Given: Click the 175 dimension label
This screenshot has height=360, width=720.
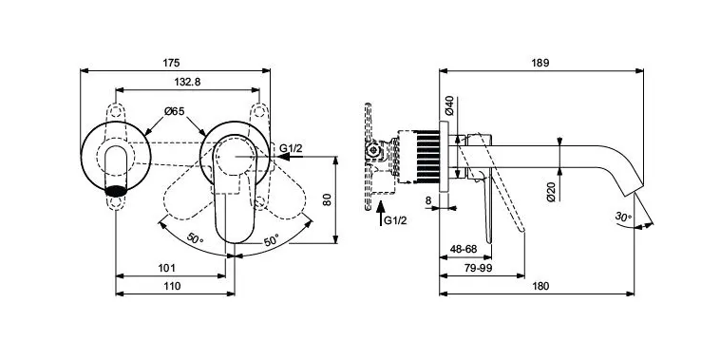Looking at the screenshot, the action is tap(172, 63).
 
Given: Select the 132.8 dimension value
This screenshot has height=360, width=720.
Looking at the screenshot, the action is tap(187, 82).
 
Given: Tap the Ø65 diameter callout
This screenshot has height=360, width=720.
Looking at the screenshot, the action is tap(175, 111).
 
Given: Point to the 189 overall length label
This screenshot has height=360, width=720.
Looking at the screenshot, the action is tap(540, 63).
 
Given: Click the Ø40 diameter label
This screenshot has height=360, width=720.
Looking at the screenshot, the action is tap(449, 105).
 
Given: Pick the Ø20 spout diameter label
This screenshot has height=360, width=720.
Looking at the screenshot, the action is tap(552, 192).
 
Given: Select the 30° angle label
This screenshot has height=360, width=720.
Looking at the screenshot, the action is tap(623, 217).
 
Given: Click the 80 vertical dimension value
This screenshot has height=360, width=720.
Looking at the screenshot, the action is tap(327, 199).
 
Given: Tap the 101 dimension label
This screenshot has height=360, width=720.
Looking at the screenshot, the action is tap(166, 268).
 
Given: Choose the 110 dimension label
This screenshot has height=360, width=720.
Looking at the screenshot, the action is tap(172, 286).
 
